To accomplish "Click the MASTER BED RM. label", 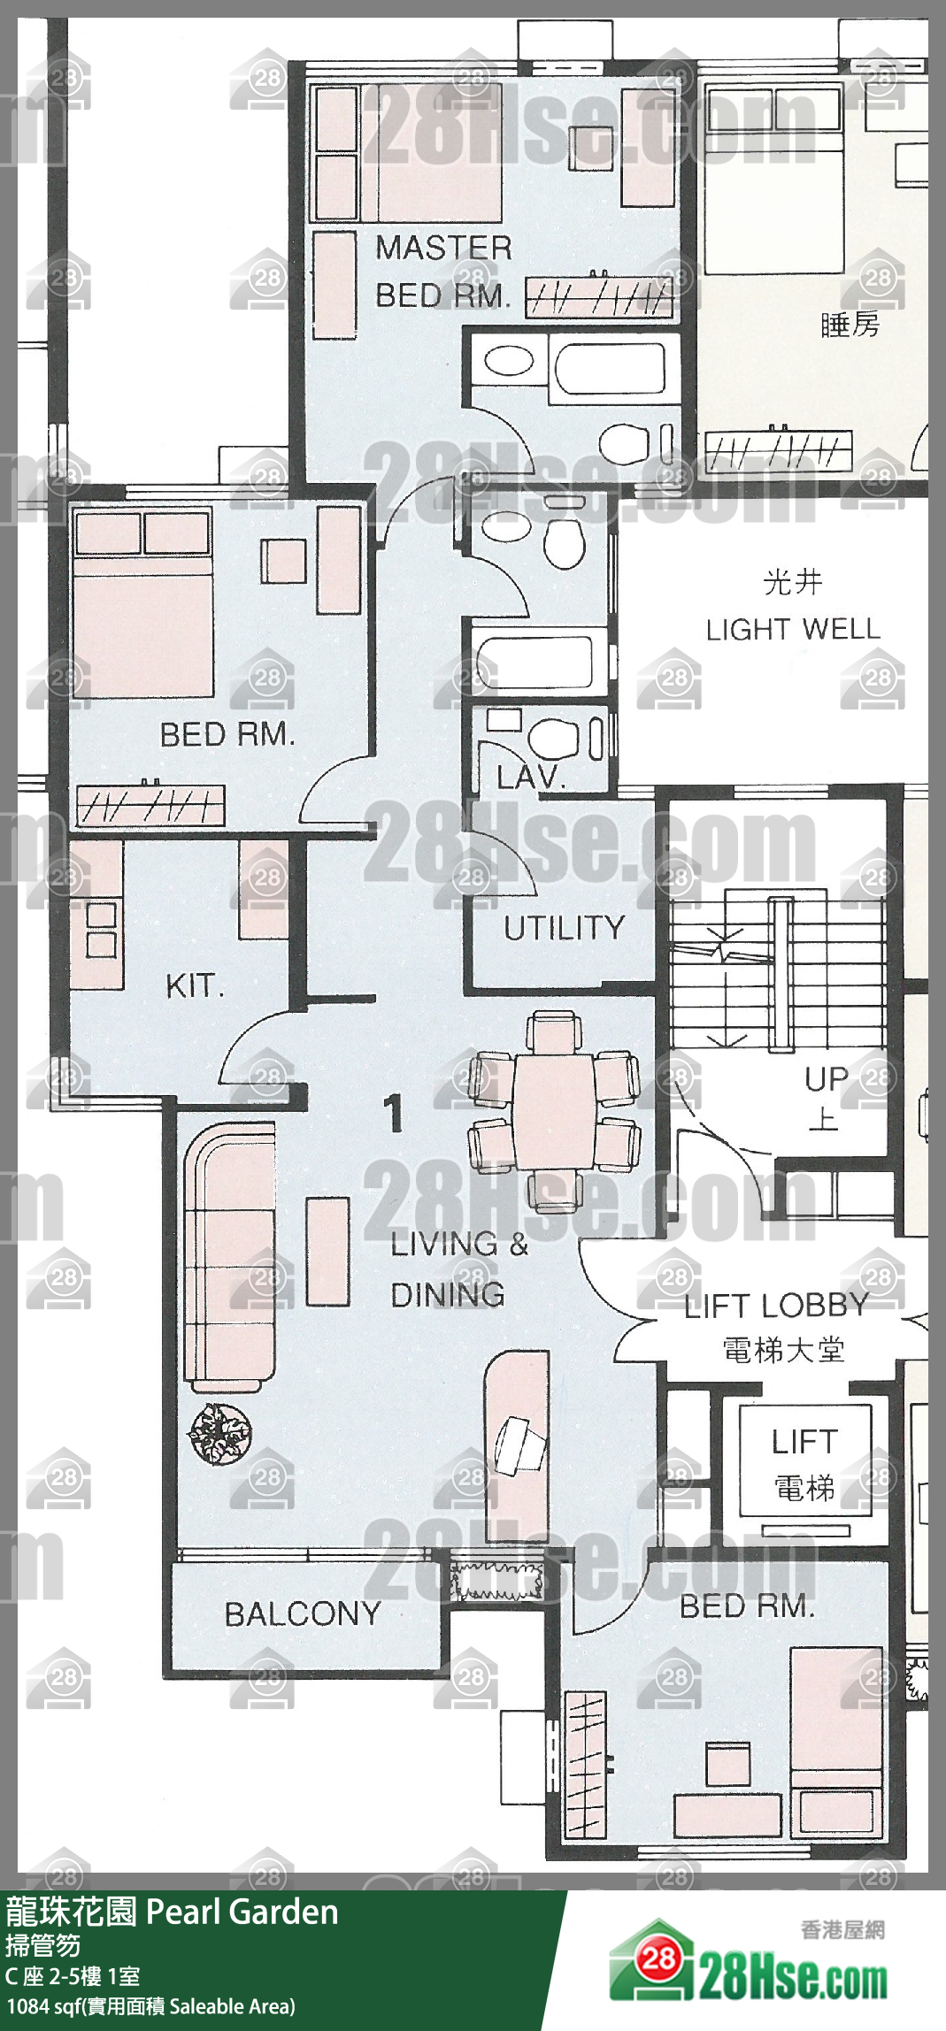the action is (443, 271).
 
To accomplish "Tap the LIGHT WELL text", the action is (793, 629).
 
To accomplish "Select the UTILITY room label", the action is (564, 928).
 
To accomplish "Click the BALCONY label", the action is (303, 1614).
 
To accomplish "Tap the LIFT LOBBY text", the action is (776, 1306).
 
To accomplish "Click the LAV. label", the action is (530, 778).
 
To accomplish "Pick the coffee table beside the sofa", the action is (328, 1251).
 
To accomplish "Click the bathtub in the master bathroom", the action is (607, 368).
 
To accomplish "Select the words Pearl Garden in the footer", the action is (242, 1912).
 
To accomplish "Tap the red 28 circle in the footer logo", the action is (658, 1958).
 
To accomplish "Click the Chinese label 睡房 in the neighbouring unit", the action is (850, 325).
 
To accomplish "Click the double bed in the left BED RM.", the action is (142, 603).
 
